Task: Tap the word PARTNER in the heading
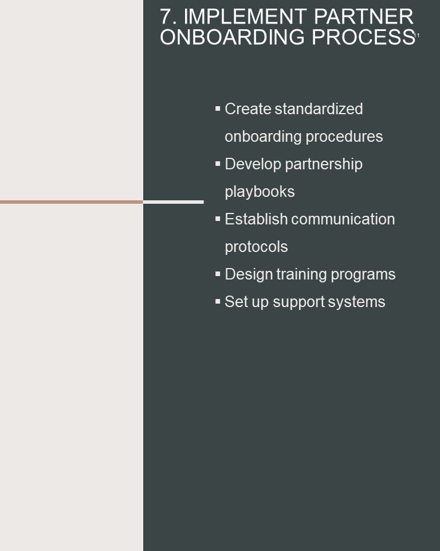pos(364,17)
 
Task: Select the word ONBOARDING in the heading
pos(232,37)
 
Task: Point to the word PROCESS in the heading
pos(363,37)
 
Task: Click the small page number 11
pos(417,36)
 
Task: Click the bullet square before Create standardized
pos(218,108)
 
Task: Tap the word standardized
pos(319,109)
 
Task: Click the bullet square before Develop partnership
pos(218,164)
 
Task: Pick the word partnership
pos(324,164)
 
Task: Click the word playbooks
pos(260,192)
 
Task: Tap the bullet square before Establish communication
pos(218,219)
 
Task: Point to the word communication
pos(343,219)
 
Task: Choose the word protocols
pos(256,247)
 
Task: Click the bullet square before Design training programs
pos(218,274)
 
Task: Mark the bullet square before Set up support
pos(218,301)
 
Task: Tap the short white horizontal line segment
pos(174,202)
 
